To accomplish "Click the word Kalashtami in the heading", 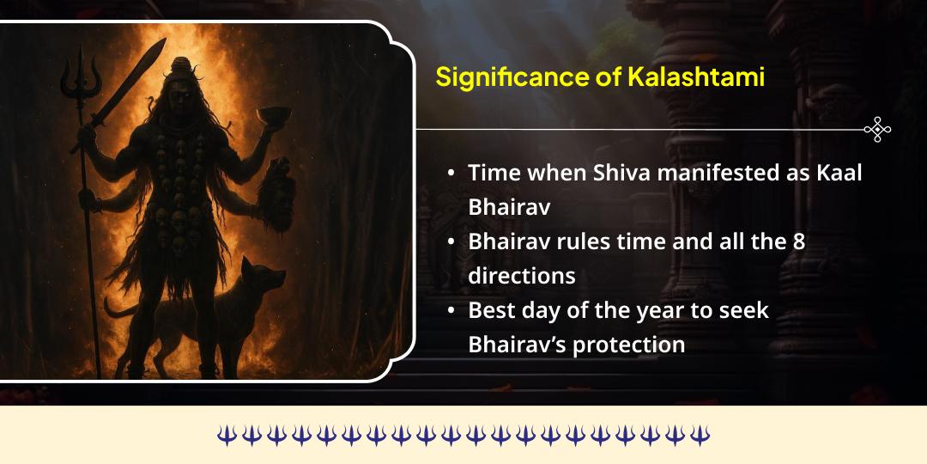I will tap(696, 76).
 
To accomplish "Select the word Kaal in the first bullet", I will tap(835, 172).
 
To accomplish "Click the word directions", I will tap(521, 276).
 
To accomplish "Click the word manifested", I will tap(726, 172).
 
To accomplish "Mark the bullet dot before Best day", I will tap(451, 311).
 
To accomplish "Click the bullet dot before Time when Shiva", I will tap(451, 173).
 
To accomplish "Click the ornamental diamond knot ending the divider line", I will tap(877, 130).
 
